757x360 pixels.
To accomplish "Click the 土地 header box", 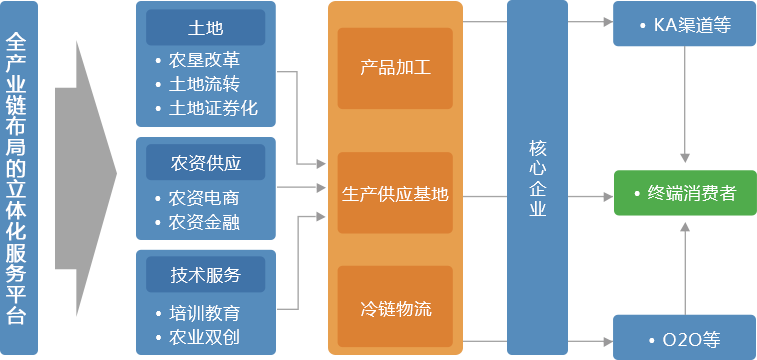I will pos(205,27).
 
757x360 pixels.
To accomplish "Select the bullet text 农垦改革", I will pos(206,60).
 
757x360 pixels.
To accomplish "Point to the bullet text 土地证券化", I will pos(214,108).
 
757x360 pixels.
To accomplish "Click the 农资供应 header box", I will pos(205,160).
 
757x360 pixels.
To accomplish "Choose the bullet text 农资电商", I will pos(206,197).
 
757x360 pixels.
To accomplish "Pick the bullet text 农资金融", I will pos(206,221).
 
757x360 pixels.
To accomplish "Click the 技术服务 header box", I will pos(205,274).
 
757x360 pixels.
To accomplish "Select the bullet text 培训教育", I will pos(206,311).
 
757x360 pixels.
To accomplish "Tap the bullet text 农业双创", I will pos(206,336).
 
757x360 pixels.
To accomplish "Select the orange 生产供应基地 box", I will pos(395,193).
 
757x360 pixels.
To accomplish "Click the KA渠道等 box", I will pos(684,24).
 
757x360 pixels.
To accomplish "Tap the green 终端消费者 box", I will pos(684,193).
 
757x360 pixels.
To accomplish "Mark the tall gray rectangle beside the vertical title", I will pos(85,178).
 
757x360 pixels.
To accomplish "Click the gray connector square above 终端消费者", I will pos(684,158).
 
